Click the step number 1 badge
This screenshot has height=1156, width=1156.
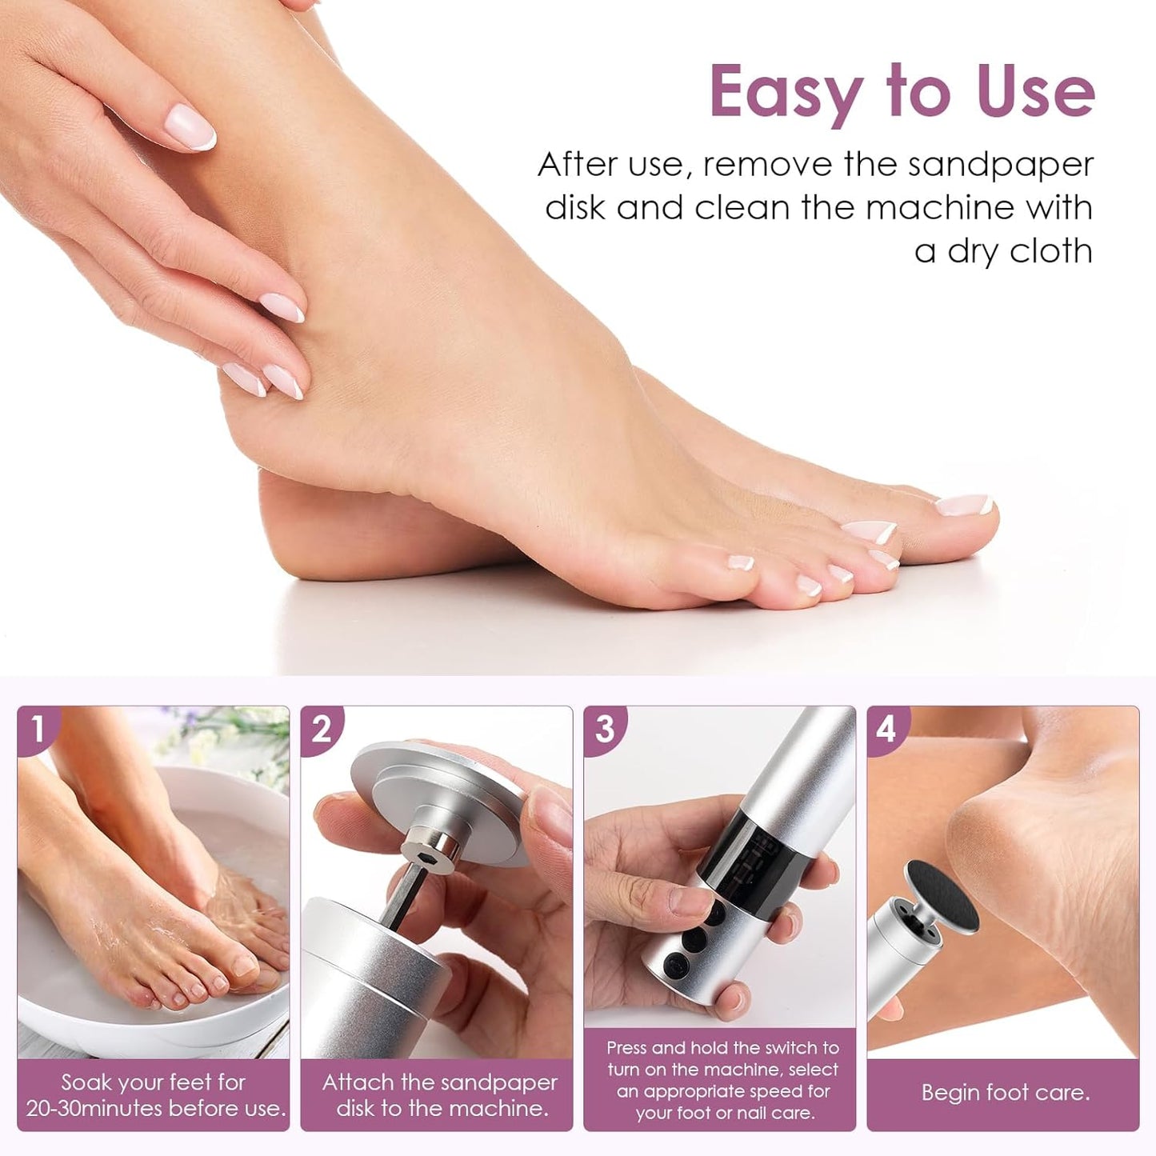tap(38, 730)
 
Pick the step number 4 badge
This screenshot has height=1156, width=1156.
tap(888, 730)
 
